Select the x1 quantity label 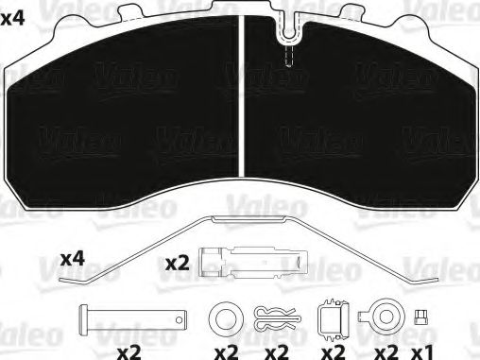pos(422,351)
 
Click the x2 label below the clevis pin pos(129,351)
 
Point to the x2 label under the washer pos(226,351)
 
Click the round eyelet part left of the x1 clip pos(384,316)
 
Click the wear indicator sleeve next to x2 pos(254,261)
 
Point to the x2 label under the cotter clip pos(275,351)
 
